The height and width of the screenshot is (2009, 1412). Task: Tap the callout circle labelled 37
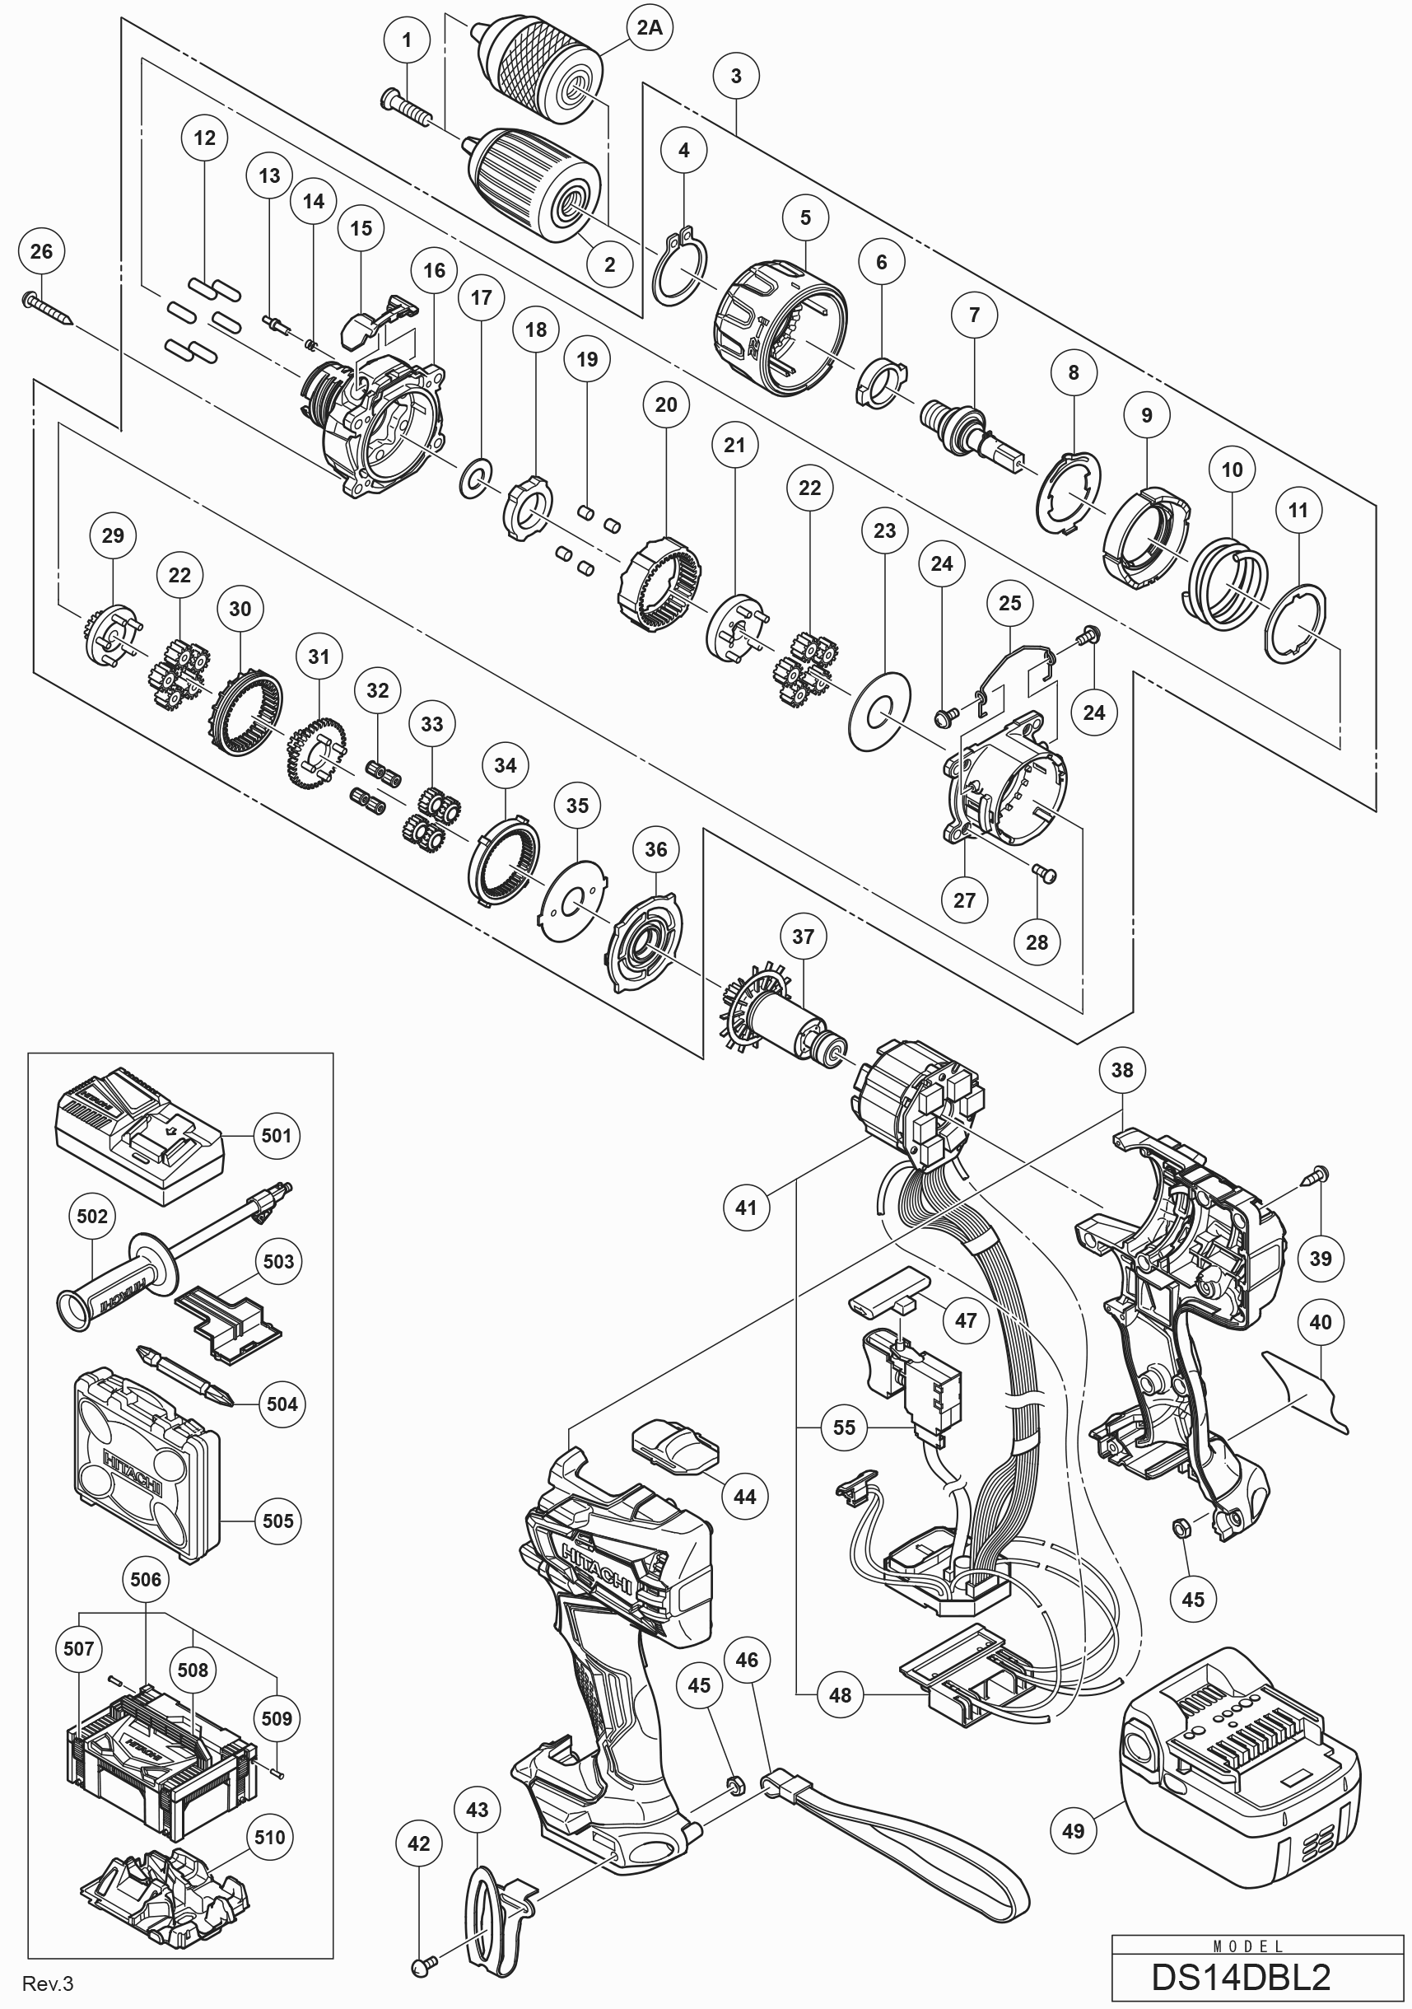803,937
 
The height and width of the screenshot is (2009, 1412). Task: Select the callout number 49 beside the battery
1074,1831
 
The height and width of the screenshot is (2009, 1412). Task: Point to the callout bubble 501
276,1136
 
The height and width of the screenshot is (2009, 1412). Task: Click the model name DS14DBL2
1241,1978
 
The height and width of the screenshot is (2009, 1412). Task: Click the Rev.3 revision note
48,1983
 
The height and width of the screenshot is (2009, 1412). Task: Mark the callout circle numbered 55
844,1428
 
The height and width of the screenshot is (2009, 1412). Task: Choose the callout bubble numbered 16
435,270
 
